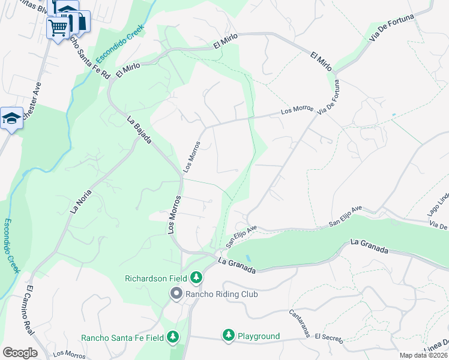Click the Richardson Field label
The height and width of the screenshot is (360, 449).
(156, 278)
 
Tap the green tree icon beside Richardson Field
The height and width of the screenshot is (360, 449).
(196, 278)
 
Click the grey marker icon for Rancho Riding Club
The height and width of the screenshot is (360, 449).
(176, 293)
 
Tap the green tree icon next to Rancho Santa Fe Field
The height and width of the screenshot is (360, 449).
(173, 337)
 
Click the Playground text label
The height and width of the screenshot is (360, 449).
(258, 336)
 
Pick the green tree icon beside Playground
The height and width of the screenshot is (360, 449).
(228, 335)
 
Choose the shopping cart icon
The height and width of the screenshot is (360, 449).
(58, 27)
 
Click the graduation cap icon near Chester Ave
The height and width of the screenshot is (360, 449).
(11, 118)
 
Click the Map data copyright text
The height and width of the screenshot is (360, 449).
(423, 355)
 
